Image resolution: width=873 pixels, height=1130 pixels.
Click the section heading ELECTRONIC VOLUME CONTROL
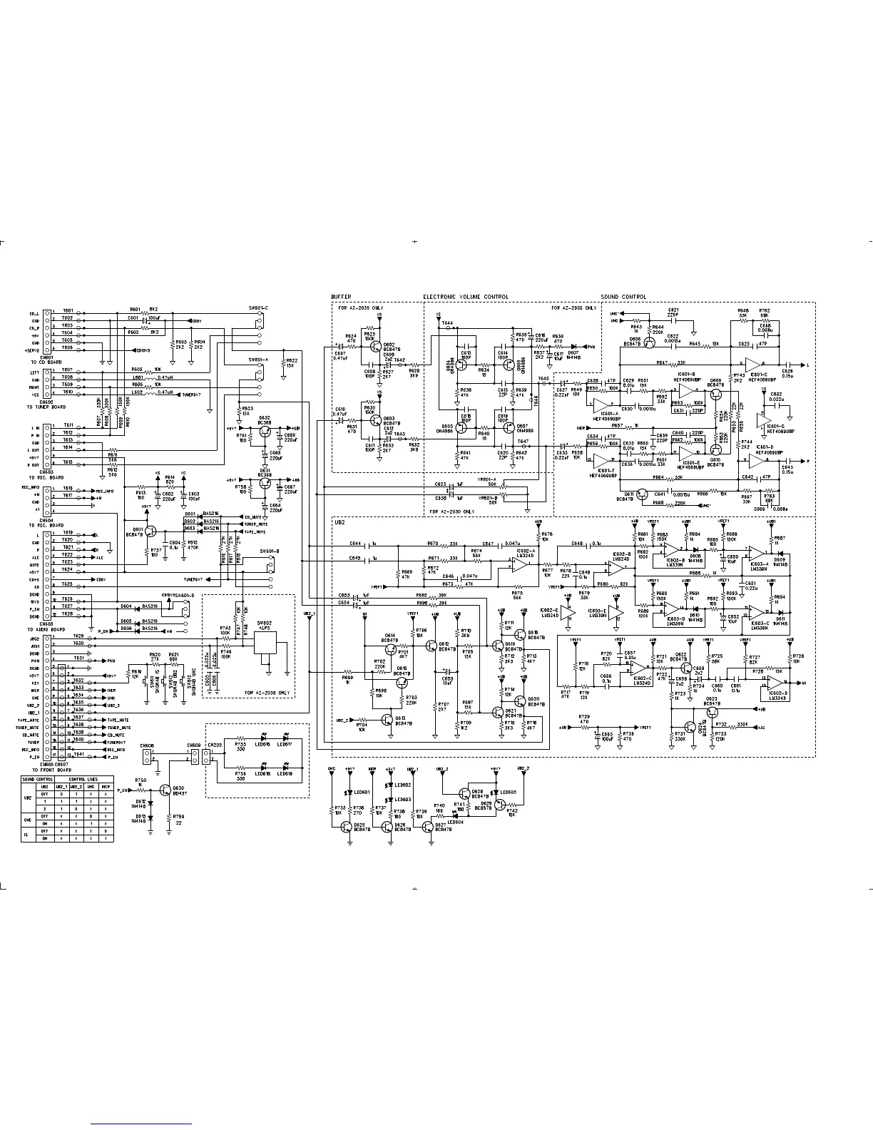click(466, 297)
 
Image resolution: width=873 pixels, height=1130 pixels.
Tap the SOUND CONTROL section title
click(623, 297)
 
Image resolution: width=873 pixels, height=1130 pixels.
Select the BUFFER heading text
click(341, 297)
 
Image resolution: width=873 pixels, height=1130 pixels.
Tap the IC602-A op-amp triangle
click(519, 563)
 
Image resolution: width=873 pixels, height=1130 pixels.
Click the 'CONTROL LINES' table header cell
click(83, 780)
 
